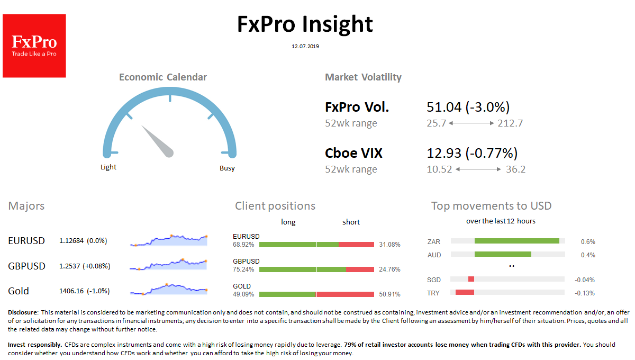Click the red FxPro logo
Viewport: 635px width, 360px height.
pos(34,46)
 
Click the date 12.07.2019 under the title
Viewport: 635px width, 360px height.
pos(305,47)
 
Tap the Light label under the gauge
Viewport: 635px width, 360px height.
pos(108,167)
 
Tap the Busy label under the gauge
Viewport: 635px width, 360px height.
pos(227,168)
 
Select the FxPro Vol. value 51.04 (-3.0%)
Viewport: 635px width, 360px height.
pos(468,107)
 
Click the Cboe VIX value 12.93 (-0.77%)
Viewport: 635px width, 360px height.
pos(472,154)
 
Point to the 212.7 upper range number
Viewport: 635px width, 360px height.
pos(510,123)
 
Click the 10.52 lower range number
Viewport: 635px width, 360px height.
pos(440,169)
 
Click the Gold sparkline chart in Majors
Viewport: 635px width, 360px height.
pos(168,289)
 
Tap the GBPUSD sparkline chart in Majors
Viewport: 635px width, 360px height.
pos(168,264)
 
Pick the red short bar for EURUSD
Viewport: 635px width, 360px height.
pos(356,245)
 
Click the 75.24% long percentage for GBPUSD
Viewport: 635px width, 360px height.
pos(243,269)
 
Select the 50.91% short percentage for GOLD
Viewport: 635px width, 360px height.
pos(389,294)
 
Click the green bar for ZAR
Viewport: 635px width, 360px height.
pos(516,241)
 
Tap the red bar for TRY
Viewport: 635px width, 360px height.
pos(465,292)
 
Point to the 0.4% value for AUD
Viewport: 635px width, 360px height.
pos(588,255)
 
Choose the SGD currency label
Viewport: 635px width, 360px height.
pos(433,280)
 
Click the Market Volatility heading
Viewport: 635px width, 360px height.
pos(363,77)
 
